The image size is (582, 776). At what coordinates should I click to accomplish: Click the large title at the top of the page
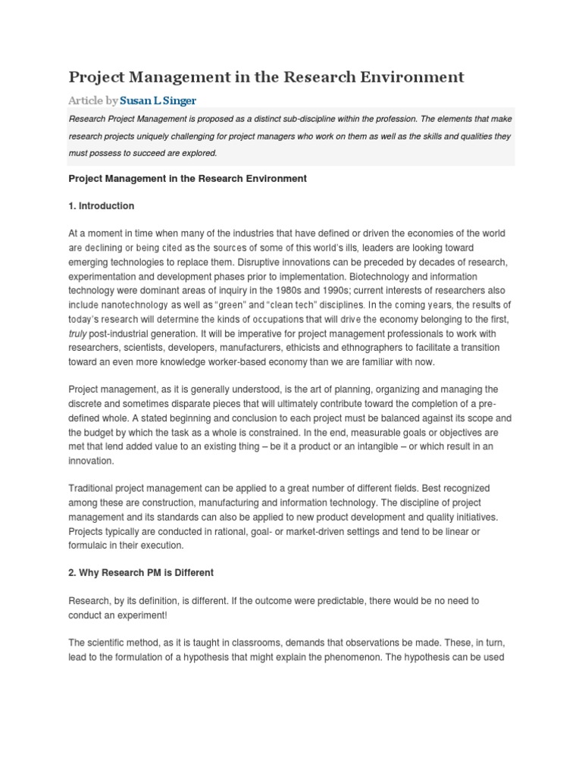[x=267, y=77]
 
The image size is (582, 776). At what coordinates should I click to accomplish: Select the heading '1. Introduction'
[x=102, y=205]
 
